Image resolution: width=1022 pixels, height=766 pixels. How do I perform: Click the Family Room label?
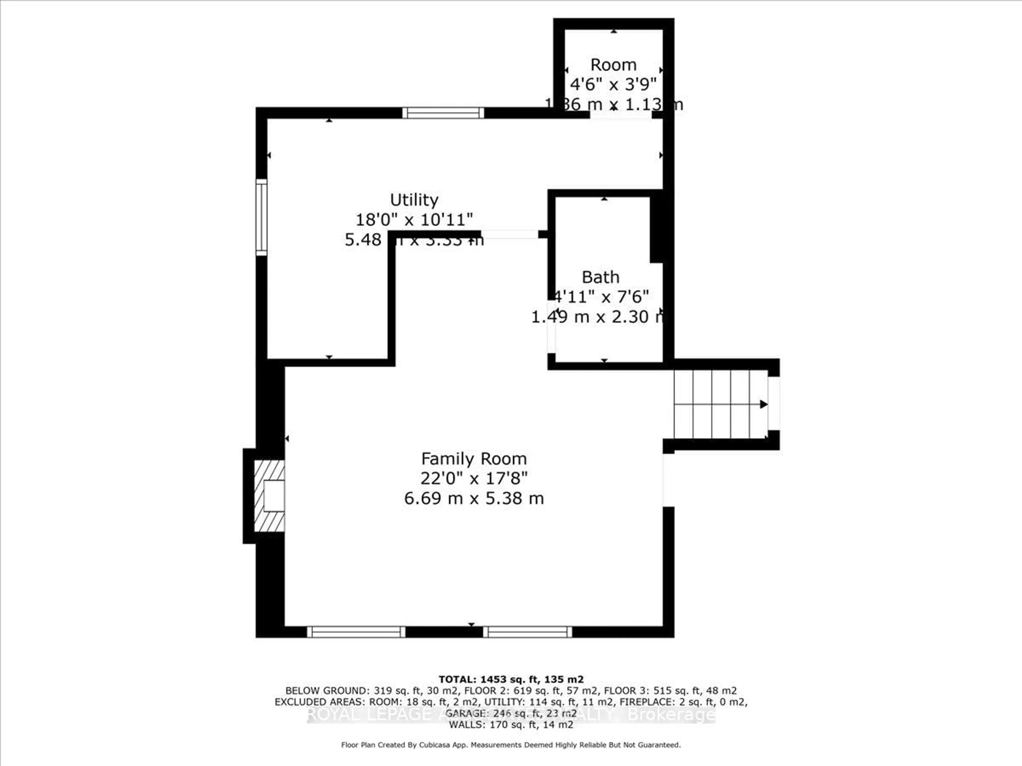pyautogui.click(x=473, y=459)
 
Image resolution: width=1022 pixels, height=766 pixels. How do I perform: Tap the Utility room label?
pyautogui.click(x=414, y=200)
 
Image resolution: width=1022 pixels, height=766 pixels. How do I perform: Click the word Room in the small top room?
pyautogui.click(x=613, y=65)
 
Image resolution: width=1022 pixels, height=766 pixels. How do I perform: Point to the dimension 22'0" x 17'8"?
pyautogui.click(x=473, y=478)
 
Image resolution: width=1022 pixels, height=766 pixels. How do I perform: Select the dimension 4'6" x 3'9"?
pyautogui.click(x=613, y=85)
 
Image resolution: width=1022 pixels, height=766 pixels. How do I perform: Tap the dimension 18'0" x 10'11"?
pyautogui.click(x=414, y=219)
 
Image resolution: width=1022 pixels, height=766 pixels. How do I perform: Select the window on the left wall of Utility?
pyautogui.click(x=262, y=217)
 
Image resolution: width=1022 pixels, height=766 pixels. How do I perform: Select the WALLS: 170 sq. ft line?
pyautogui.click(x=510, y=725)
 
